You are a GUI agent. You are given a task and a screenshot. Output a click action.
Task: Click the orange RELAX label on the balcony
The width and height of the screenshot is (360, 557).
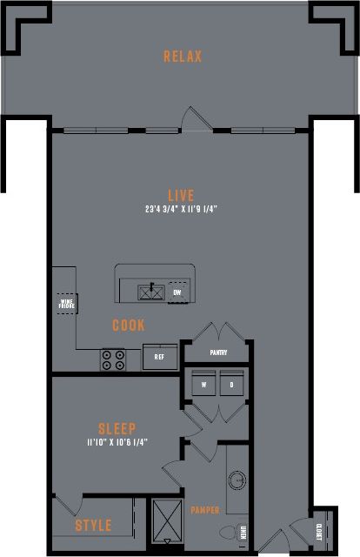[x=183, y=57]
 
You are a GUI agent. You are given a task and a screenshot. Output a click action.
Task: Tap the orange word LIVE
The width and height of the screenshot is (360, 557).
[x=182, y=195]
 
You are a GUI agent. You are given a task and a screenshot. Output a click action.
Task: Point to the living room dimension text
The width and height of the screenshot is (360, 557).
[x=182, y=210]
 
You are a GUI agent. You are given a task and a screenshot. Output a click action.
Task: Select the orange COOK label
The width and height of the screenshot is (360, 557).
[x=129, y=325]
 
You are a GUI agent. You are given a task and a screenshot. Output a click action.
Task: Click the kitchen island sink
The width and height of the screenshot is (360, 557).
[x=152, y=292]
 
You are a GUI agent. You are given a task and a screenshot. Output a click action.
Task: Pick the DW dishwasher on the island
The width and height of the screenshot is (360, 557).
[x=177, y=292]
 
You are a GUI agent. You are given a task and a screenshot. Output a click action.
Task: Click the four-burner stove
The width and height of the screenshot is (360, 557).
[x=113, y=359]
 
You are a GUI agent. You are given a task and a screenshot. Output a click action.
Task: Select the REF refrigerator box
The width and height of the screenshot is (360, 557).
[x=160, y=357]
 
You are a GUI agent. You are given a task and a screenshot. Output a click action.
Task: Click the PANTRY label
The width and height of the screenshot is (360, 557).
[x=218, y=352]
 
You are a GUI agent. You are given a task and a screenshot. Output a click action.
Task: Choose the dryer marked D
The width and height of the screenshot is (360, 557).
[x=232, y=385]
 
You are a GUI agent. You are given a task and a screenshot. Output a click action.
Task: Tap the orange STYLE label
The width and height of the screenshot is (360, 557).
[x=93, y=526]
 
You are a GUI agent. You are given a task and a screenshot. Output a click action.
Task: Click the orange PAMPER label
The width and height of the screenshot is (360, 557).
[x=206, y=510]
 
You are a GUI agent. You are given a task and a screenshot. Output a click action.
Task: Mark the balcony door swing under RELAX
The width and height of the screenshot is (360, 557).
[x=192, y=119]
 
